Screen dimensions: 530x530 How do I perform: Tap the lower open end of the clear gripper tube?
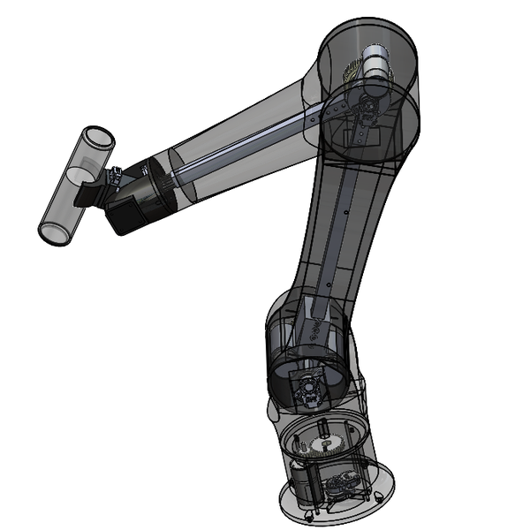click(51, 233)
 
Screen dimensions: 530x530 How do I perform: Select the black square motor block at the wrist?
click(125, 212)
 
